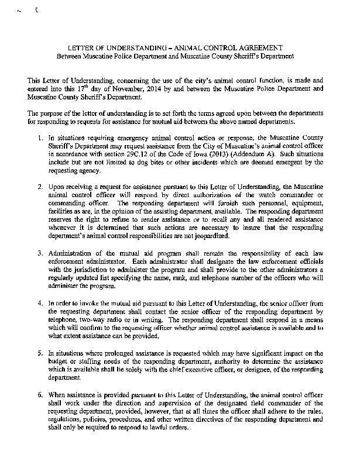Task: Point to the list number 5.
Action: [37, 354]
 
